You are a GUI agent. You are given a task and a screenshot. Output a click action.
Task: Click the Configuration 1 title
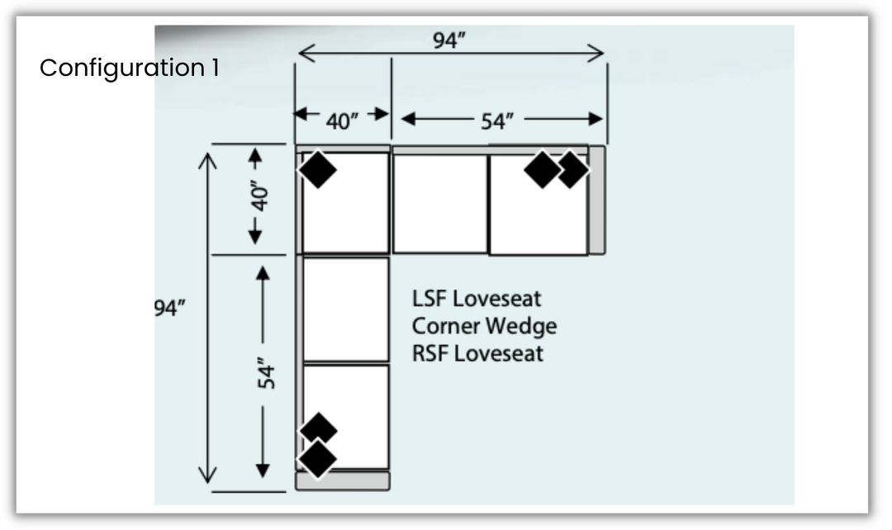pos(129,68)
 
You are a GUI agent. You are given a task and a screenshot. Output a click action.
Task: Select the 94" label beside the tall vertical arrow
pos(169,308)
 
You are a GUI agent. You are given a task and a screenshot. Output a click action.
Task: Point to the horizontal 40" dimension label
pos(342,121)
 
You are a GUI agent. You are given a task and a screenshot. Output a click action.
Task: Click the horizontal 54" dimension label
pos(498,121)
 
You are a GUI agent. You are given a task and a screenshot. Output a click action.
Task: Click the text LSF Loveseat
pos(477,298)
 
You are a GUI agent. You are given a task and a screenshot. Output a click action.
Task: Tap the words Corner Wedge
pos(484,326)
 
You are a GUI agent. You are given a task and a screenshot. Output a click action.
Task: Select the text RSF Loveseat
pos(477,354)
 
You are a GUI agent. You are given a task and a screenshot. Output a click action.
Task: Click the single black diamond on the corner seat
pos(318,170)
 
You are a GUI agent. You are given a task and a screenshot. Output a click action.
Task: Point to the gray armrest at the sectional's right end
pos(596,201)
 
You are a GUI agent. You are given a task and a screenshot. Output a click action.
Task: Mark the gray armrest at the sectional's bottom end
pos(344,480)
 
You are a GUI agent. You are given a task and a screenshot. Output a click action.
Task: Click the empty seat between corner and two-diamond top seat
pos(440,203)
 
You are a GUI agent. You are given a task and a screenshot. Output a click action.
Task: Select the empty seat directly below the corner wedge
pos(345,309)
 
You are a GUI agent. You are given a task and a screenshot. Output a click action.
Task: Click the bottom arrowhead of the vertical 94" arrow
pos(206,474)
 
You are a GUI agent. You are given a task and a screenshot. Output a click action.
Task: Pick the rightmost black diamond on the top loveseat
pos(572,170)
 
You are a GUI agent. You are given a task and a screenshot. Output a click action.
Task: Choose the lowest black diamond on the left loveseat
pos(319,458)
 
